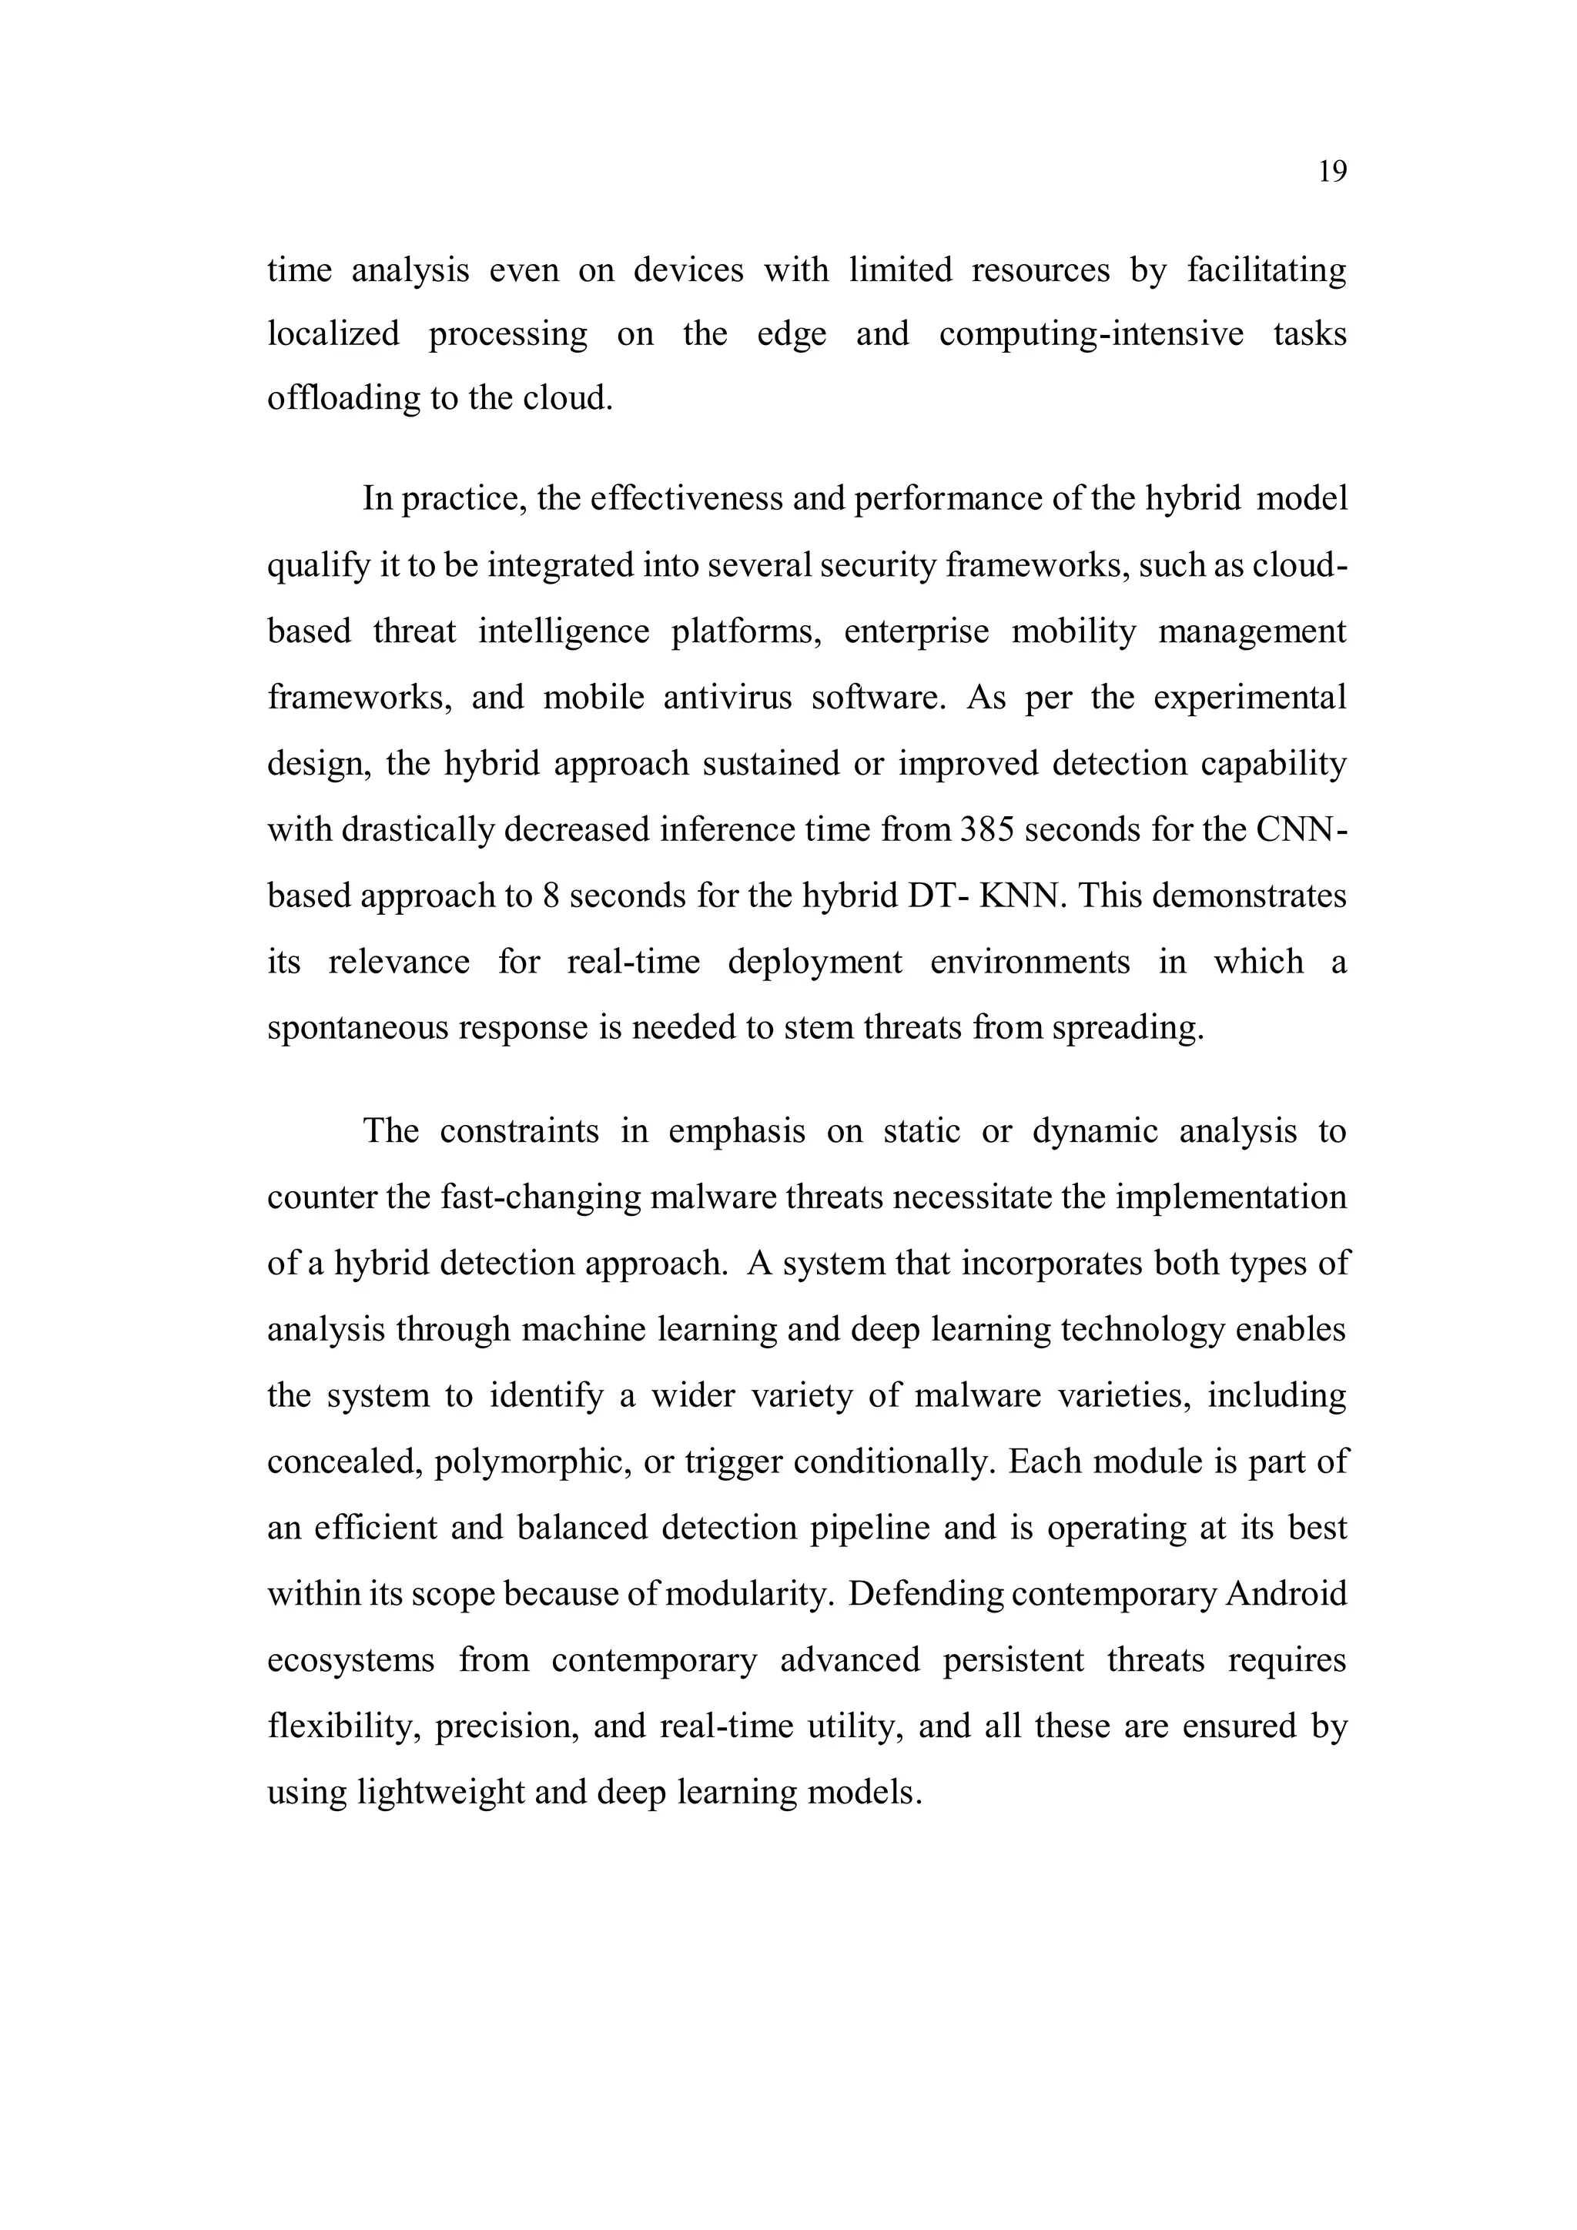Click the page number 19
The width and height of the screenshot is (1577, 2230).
[1332, 172]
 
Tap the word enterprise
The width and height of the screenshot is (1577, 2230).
[916, 631]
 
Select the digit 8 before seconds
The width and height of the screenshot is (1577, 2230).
[551, 896]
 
